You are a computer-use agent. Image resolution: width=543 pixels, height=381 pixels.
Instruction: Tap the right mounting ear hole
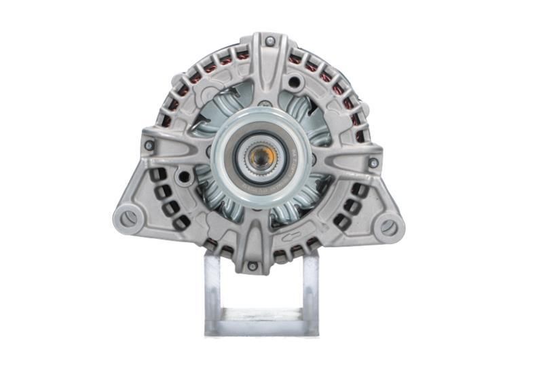389,228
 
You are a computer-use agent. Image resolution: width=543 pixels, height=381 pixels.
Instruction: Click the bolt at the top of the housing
270,41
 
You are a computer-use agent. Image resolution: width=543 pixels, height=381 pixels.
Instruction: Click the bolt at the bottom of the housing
252,266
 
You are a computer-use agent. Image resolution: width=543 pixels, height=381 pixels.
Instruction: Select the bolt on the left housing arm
149,145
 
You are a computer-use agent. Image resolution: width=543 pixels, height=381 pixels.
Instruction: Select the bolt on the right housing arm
373,163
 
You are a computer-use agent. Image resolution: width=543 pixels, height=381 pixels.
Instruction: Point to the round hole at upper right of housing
294,83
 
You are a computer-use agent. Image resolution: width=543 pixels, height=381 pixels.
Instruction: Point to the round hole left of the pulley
184,177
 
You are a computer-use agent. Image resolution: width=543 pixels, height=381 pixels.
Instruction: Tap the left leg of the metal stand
213,292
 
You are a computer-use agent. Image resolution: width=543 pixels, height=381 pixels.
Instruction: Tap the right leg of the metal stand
310,292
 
